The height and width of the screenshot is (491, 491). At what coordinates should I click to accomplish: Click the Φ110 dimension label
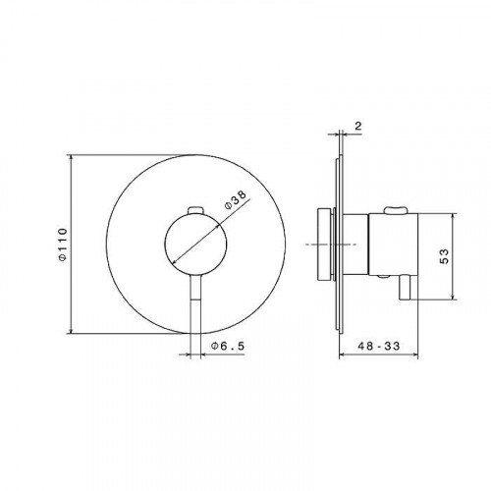(63, 245)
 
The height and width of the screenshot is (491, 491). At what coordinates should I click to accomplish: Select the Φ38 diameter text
(236, 200)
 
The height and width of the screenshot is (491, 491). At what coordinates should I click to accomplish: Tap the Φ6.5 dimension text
(228, 346)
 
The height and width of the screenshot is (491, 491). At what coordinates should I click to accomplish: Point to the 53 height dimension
(445, 256)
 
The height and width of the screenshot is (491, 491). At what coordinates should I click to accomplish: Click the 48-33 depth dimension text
(379, 346)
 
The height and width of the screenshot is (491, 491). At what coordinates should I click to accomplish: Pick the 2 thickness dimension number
(358, 126)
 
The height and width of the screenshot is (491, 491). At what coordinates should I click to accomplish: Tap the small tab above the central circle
(196, 210)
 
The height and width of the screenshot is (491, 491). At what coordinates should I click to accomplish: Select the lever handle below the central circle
(195, 302)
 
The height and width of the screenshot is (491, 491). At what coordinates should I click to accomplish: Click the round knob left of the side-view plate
(324, 245)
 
